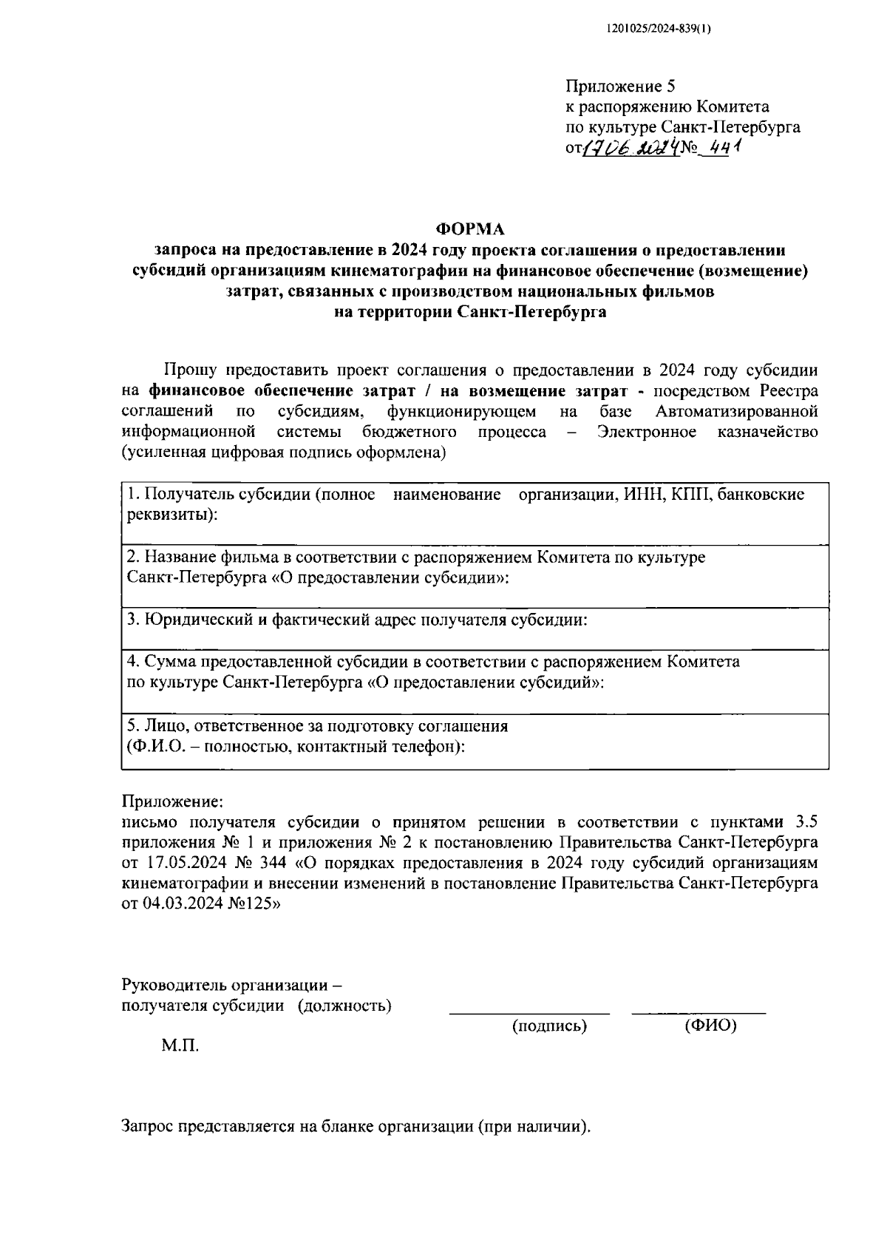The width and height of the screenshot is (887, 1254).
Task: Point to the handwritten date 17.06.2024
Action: tap(630, 149)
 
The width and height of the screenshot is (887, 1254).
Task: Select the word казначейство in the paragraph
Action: tap(767, 431)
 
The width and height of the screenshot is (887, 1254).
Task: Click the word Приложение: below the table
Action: tap(171, 801)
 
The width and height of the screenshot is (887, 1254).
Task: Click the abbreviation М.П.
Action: tap(180, 1046)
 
